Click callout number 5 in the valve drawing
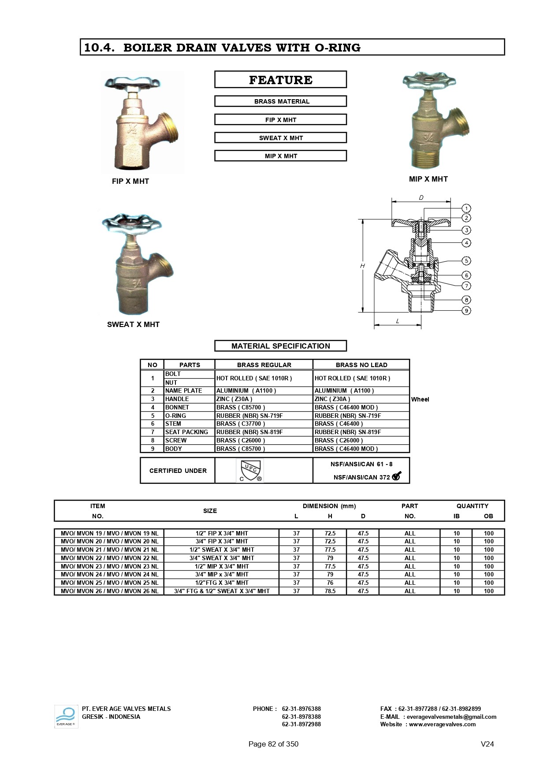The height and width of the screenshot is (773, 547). (466, 261)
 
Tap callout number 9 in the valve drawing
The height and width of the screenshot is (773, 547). (466, 311)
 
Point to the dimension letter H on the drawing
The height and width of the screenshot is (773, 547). (362, 266)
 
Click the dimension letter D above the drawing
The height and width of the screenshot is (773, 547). (421, 198)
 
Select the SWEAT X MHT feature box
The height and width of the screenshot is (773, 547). (280, 138)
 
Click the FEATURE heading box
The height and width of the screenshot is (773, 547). (280, 80)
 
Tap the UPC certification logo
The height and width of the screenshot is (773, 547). (250, 471)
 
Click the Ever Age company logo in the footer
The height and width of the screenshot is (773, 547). (66, 716)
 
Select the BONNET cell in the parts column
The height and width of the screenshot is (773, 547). (177, 407)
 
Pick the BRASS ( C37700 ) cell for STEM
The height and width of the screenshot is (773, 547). (241, 424)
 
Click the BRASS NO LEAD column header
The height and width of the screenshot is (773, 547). (361, 365)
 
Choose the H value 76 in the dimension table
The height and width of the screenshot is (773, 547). (330, 583)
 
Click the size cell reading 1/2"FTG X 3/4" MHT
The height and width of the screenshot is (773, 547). (222, 583)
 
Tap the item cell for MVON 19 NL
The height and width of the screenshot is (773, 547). (109, 533)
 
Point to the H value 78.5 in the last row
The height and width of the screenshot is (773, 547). (330, 591)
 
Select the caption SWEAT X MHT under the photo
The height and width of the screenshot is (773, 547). (133, 324)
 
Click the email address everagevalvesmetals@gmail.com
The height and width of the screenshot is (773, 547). (451, 717)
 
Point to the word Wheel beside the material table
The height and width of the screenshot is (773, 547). (420, 399)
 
